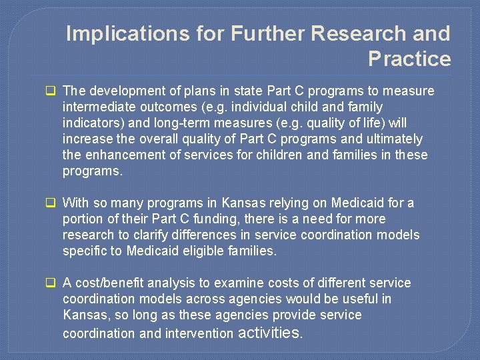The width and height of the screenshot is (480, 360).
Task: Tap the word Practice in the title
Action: [x=409, y=59]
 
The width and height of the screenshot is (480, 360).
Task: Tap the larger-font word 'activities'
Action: [x=270, y=332]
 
